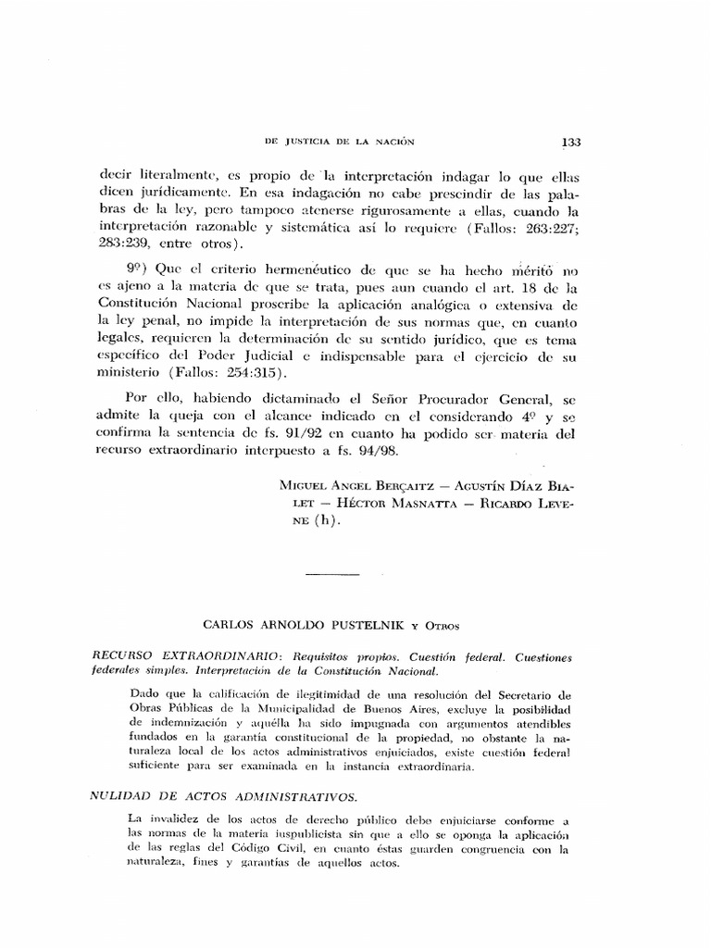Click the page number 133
570,142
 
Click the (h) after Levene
325,520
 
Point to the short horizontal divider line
331,575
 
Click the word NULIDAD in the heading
124,794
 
